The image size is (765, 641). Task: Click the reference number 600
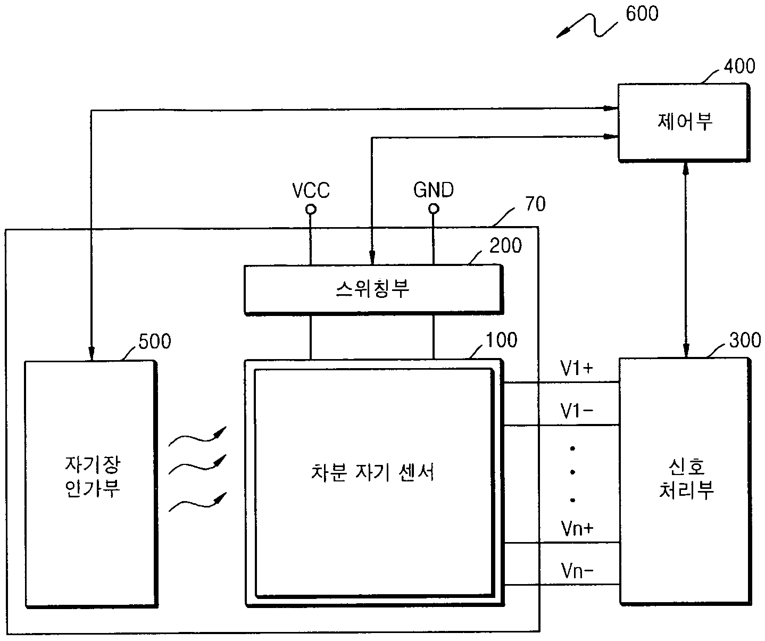(642, 13)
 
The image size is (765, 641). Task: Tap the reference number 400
(739, 66)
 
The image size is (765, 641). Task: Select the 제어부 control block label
(685, 121)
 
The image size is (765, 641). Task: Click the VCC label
(311, 190)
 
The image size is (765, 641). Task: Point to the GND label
(434, 190)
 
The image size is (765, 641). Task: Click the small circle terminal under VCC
(311, 210)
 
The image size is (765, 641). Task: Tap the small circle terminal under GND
(434, 209)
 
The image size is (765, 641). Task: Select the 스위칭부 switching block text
(372, 289)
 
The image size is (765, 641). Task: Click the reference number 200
(505, 245)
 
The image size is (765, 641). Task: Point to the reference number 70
(535, 204)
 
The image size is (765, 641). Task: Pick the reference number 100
(501, 340)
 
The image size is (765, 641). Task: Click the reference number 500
(155, 342)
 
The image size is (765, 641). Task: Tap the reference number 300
(745, 340)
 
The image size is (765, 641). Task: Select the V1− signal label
(577, 411)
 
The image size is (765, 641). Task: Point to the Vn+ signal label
(577, 528)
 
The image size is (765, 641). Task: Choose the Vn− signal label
(577, 570)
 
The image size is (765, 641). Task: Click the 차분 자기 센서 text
(372, 472)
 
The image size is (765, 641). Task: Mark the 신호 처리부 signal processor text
(686, 478)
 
